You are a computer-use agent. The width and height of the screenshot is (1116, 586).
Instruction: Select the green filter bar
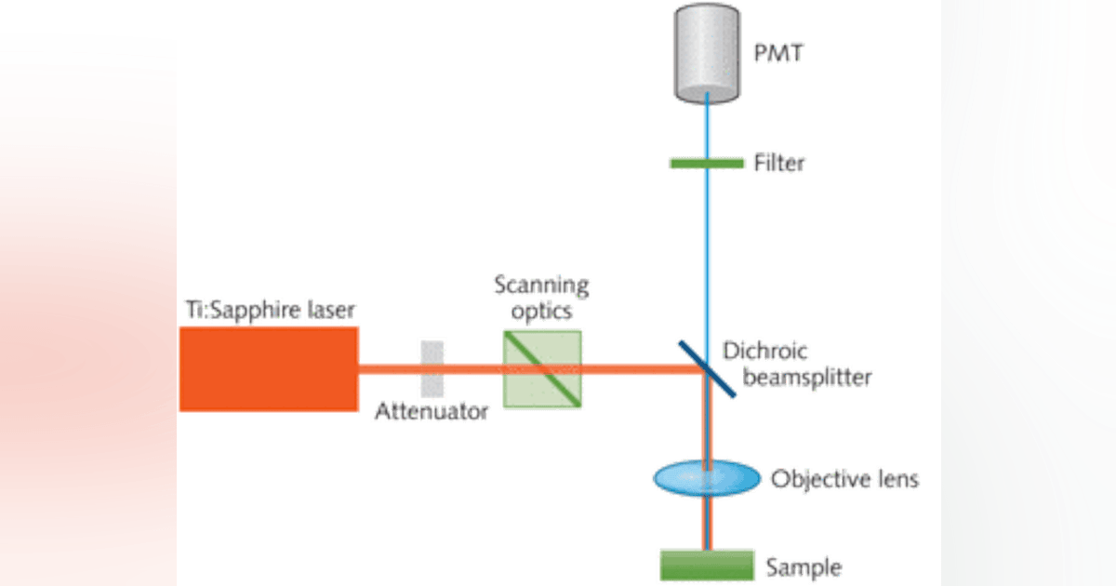707,164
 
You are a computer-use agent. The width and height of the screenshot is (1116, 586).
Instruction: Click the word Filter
780,164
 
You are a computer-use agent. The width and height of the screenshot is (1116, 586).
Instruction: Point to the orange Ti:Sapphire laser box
268,367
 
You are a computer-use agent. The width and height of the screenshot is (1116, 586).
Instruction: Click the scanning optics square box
542,367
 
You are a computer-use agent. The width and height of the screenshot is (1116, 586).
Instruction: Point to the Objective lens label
844,480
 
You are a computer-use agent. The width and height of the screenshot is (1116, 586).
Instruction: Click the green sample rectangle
707,564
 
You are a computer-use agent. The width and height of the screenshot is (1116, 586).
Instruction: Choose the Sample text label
803,566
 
